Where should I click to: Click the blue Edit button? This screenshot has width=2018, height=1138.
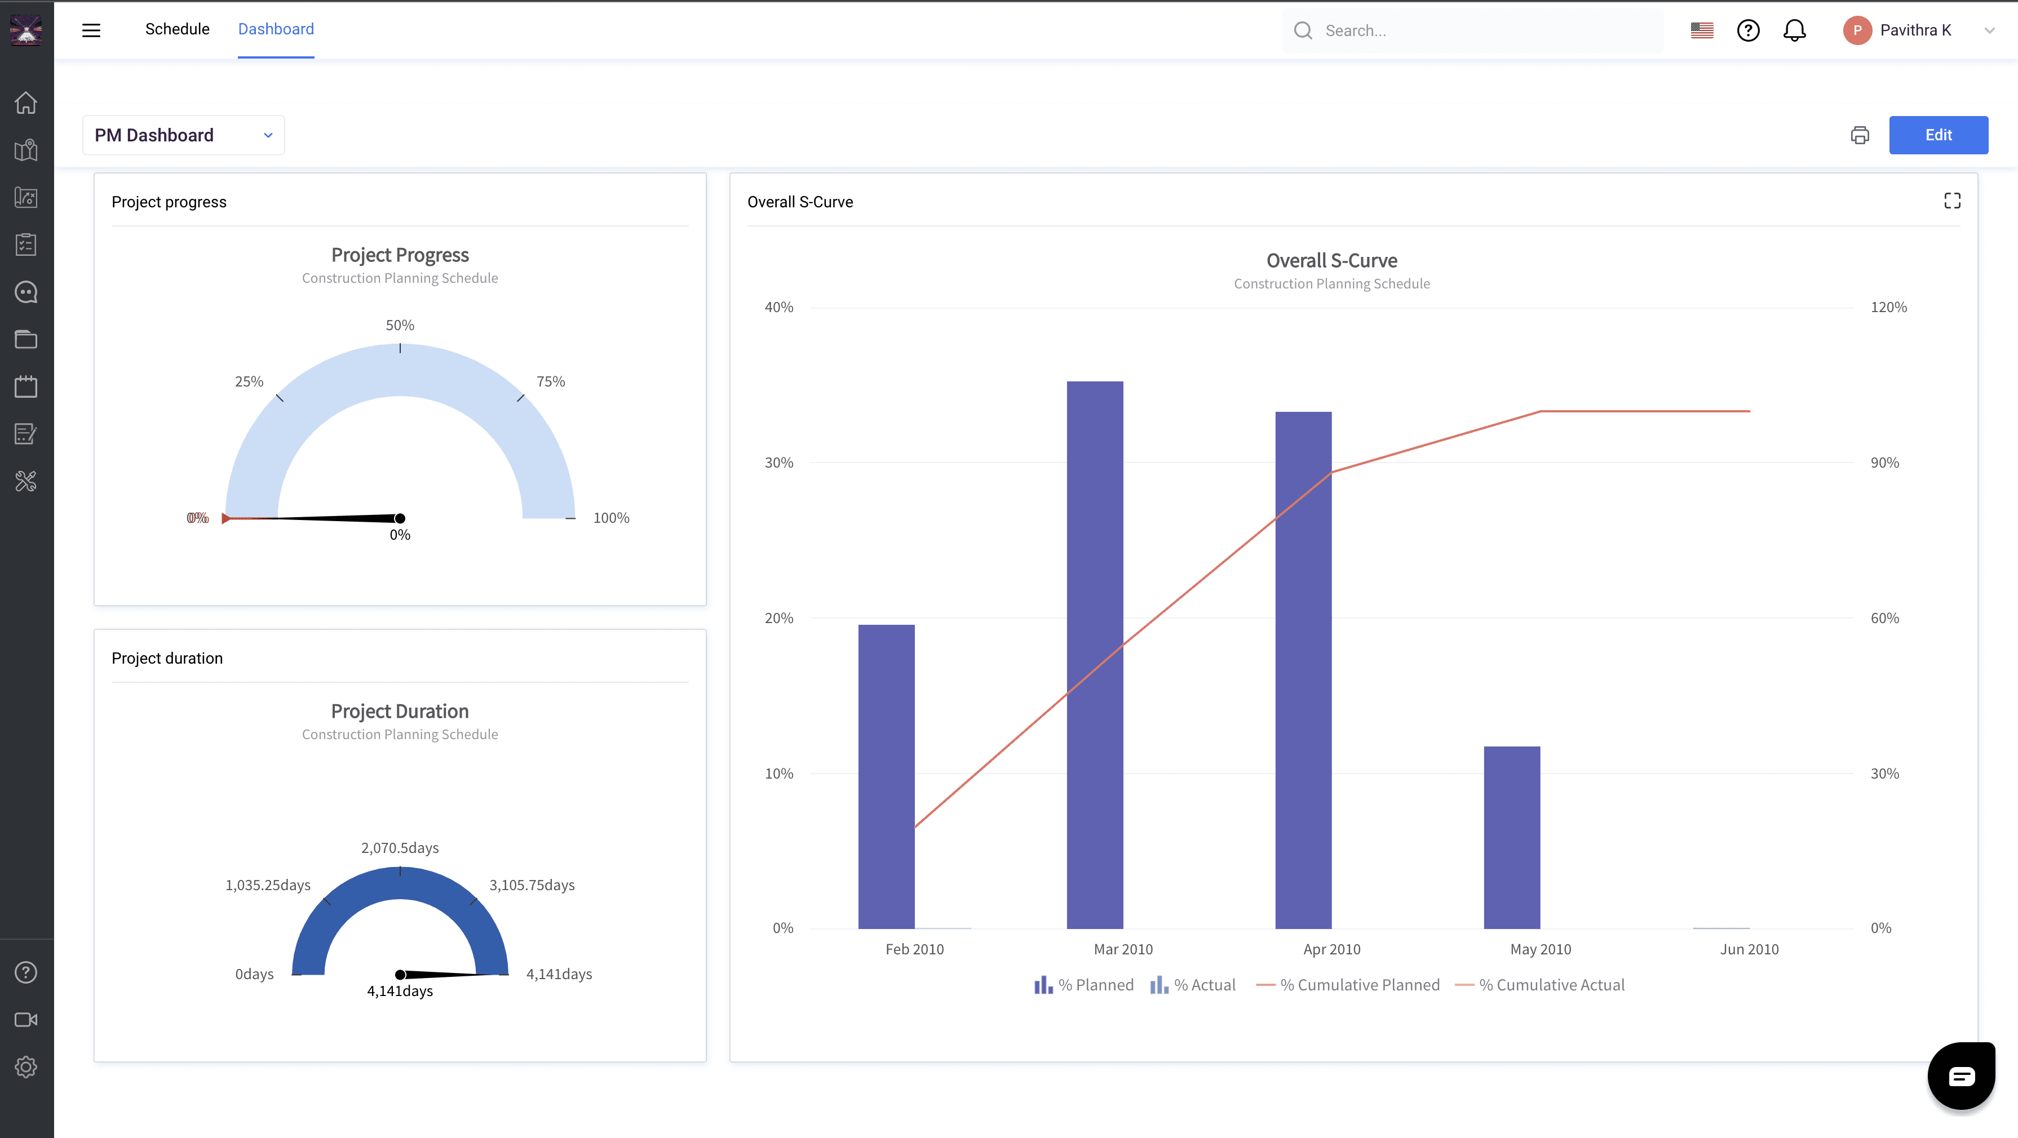1938,135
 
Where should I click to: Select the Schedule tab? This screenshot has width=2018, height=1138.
177,29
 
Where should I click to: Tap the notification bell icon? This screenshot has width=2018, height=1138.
1795,30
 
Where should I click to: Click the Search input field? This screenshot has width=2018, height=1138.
1473,30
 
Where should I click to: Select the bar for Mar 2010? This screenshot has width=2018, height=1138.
1094,655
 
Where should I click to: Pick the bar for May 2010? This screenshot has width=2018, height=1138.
1512,837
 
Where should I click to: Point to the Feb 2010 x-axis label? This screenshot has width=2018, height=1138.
914,949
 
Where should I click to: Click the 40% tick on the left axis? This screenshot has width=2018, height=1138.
778,307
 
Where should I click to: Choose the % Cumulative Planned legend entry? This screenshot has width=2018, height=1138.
1347,985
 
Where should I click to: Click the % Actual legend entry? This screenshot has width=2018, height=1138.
1192,985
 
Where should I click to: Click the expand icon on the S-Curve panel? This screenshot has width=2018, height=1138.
1952,201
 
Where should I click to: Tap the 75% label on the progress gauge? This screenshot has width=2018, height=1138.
551,381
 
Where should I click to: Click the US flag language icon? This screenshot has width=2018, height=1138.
1702,30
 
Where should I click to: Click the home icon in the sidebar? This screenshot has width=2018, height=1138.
26,103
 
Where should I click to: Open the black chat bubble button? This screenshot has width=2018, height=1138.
1961,1076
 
